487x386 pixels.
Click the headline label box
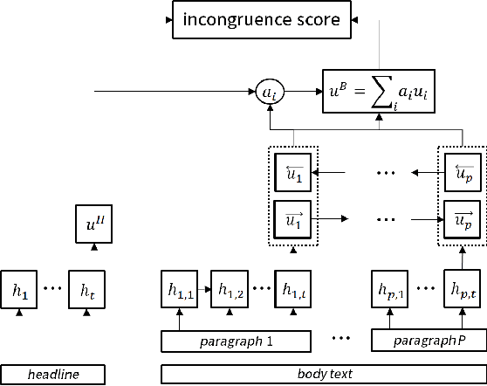coord(52,375)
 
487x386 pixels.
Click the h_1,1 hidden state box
coord(178,288)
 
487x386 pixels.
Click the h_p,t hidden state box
coord(460,288)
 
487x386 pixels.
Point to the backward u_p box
coord(461,172)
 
